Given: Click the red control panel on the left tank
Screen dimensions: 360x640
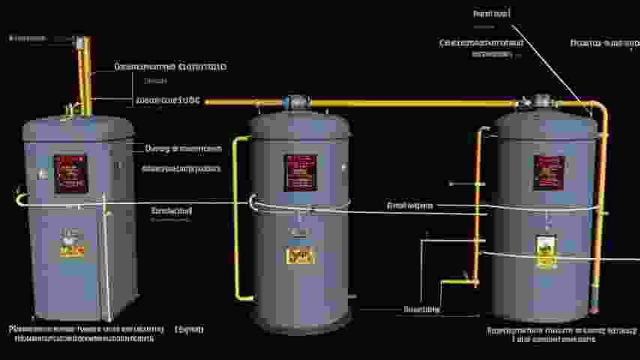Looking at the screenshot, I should [70, 173].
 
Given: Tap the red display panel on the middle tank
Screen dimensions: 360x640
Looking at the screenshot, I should [300, 172].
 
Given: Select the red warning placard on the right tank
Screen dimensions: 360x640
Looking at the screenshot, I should [548, 172].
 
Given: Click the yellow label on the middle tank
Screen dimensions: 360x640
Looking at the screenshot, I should [298, 256].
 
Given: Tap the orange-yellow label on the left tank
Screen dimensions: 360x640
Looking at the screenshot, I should [72, 247].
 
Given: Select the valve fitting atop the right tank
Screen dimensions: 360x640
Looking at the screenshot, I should [540, 100].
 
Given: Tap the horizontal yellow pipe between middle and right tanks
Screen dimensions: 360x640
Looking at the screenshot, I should [412, 103].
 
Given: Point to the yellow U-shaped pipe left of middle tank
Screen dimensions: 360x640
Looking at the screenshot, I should [238, 217].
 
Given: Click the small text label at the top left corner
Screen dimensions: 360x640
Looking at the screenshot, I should [28, 37].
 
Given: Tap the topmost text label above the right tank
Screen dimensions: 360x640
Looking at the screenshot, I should [492, 13].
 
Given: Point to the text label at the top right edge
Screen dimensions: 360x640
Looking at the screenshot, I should [605, 43].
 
